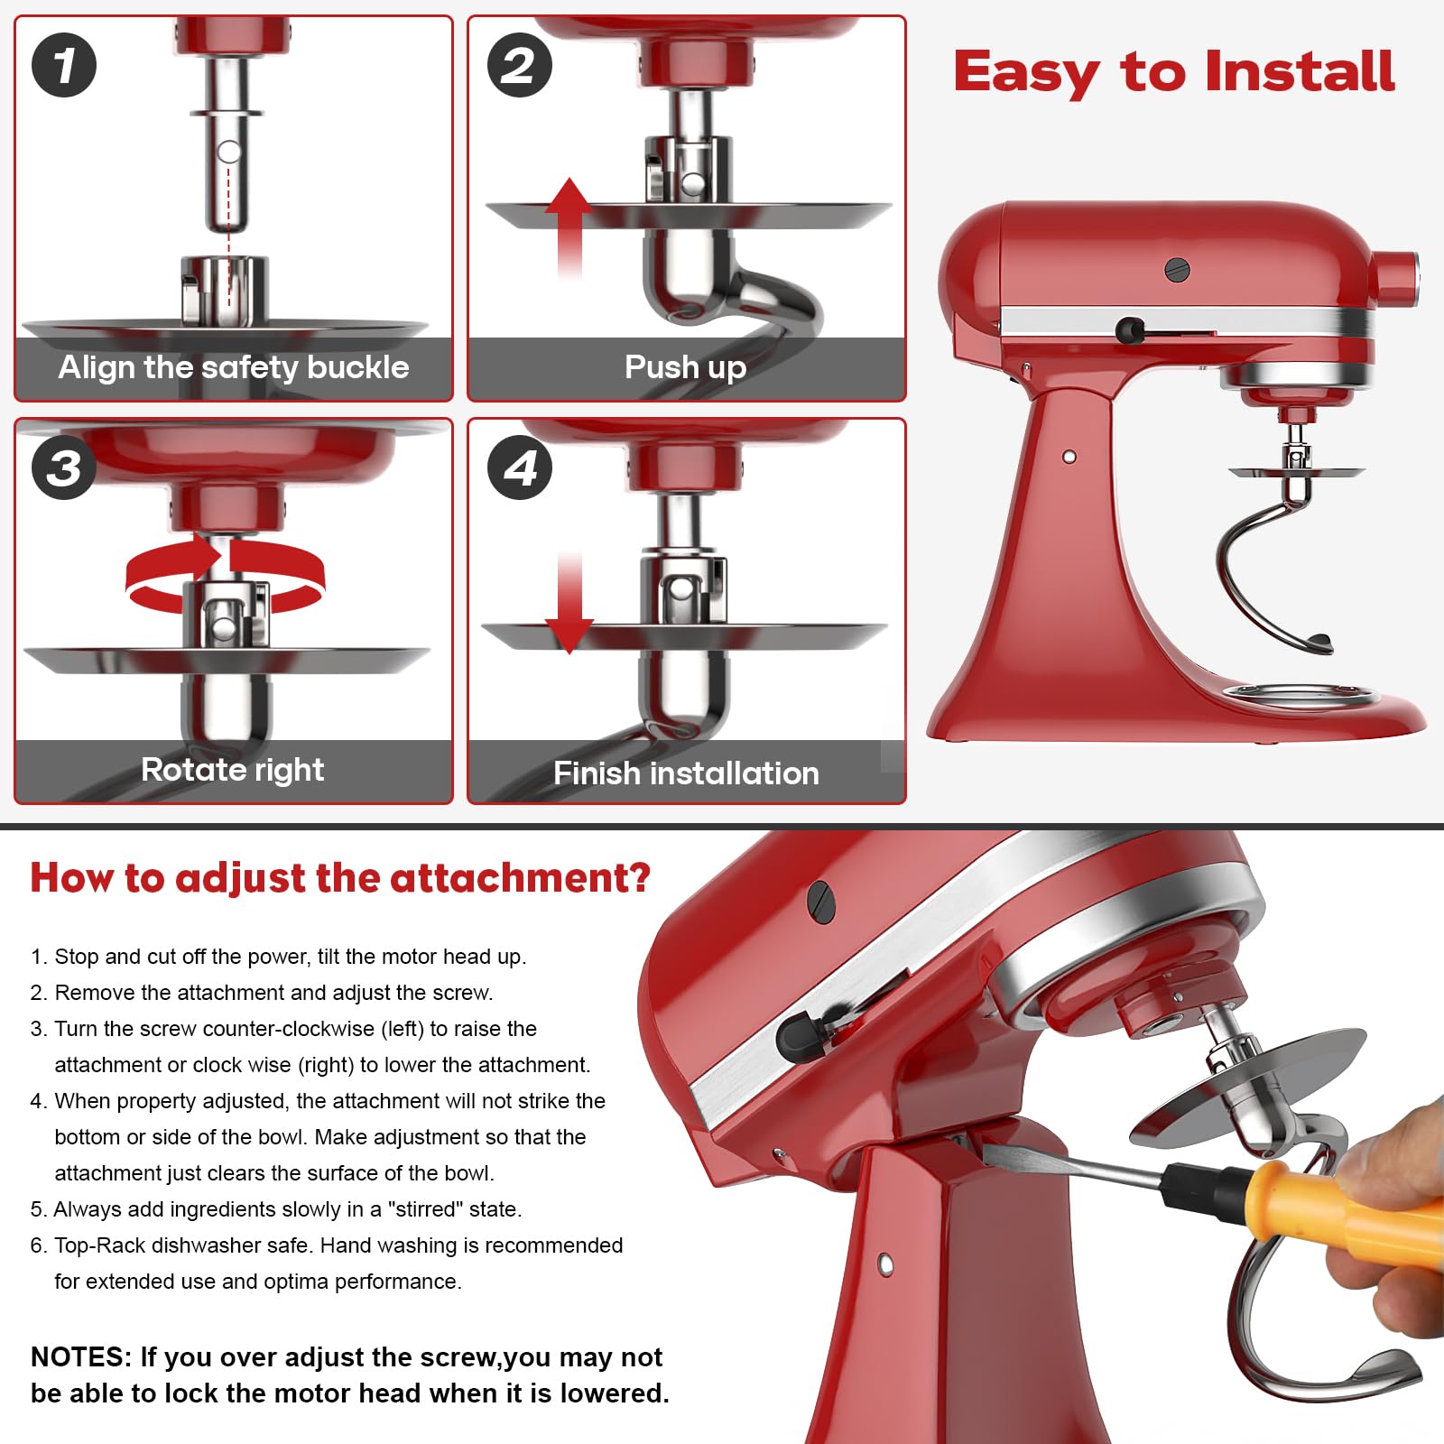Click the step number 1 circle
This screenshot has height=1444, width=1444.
64,65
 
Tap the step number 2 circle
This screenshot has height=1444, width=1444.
520,65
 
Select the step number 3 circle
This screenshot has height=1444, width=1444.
64,467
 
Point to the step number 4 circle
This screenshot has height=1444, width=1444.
520,467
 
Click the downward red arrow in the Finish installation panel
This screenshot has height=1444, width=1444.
569,605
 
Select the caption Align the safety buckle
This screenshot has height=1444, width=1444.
234,367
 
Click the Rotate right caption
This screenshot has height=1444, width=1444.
233,770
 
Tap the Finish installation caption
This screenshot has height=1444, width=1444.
686,773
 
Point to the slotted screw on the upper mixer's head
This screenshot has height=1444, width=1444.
1177,269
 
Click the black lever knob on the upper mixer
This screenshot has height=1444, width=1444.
1129,330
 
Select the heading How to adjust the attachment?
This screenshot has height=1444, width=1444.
340,877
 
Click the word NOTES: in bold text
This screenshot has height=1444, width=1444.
81,1357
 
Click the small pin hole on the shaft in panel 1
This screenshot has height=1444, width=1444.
229,152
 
